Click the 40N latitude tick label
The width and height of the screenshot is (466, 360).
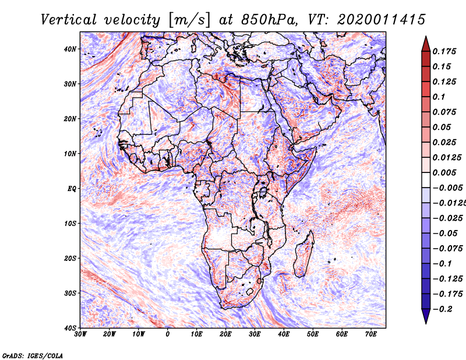click(70, 49)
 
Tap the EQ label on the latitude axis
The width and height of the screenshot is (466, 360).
click(72, 189)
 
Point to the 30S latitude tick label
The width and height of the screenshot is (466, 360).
click(70, 294)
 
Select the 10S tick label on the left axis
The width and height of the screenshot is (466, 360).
click(70, 224)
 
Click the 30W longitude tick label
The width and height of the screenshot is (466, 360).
click(80, 334)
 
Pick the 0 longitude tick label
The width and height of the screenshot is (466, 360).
click(168, 334)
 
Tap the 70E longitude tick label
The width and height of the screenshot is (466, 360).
click(371, 334)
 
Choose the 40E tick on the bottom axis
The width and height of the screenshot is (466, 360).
click(284, 334)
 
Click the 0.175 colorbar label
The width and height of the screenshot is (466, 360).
click(444, 52)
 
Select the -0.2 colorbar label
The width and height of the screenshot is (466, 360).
click(442, 309)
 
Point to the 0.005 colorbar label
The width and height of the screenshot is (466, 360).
click(444, 172)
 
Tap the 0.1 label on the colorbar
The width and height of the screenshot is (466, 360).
click(439, 97)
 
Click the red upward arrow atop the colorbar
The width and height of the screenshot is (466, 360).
click(426, 44)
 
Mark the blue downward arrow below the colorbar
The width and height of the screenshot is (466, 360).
click(426, 316)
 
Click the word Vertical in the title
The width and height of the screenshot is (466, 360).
click(69, 20)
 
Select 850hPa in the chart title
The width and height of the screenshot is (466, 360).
click(269, 20)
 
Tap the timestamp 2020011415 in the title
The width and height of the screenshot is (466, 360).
click(382, 20)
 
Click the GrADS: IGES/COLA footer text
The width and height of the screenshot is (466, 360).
click(33, 355)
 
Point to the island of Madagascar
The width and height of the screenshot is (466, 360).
click(304, 255)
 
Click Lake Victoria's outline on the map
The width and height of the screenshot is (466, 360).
click(263, 192)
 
